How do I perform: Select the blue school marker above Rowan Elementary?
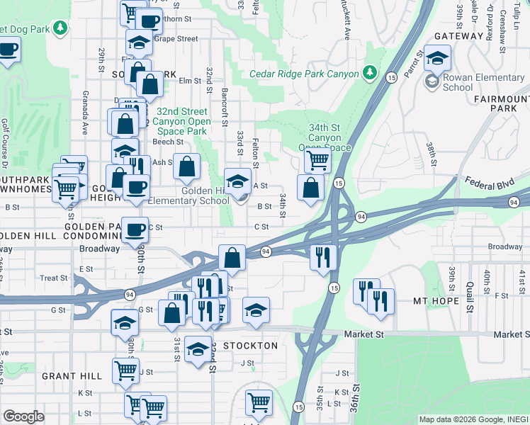[437, 57]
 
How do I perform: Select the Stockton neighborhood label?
[250, 346]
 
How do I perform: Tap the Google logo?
[23, 416]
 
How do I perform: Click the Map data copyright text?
[473, 419]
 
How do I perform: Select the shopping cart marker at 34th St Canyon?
[317, 160]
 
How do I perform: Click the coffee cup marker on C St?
[135, 229]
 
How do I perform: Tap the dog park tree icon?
[62, 28]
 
